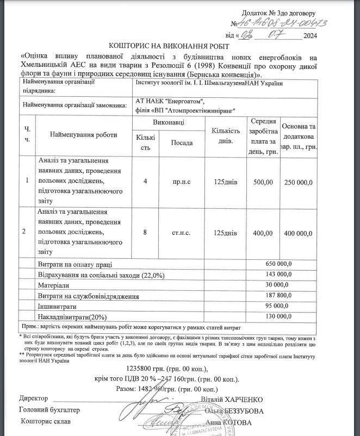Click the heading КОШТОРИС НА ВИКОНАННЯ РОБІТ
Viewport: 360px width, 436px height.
coord(170,47)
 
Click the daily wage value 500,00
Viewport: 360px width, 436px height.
coord(263,182)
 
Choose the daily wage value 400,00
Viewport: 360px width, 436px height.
coord(263,233)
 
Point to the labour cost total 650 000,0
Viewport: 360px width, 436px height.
coord(278,264)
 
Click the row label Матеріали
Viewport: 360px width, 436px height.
coord(53,285)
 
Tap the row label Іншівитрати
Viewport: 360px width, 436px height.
coord(57,306)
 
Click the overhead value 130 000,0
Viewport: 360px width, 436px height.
coord(278,316)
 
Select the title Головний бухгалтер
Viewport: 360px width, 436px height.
coord(49,410)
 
